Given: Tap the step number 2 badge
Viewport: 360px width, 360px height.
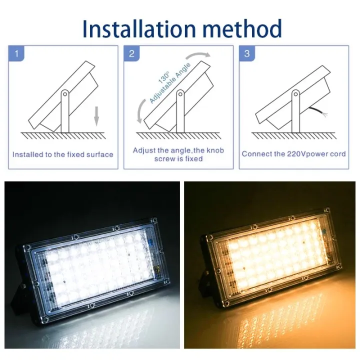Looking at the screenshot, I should pos(131,53).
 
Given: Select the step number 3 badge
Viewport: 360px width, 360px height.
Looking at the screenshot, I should pos(246,53).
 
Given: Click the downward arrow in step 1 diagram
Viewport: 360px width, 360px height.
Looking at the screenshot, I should pos(97,116).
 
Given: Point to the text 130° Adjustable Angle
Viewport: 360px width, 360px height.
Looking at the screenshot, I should pos(162,85).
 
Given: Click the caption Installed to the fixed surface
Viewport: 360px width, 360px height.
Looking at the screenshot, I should pos(63,154).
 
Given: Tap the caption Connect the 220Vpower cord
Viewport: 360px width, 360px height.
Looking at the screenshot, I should pos(293,154).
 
